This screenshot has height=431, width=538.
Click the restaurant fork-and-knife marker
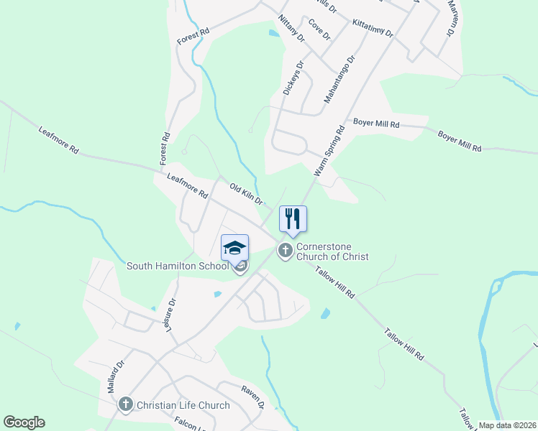click(x=293, y=218)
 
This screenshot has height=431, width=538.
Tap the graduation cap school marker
click(x=235, y=248)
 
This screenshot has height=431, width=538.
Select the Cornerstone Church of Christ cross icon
click(x=286, y=251)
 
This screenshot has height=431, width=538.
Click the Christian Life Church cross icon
click(x=126, y=405)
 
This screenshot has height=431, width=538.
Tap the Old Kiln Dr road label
click(x=246, y=194)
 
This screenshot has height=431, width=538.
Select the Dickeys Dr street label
click(x=293, y=78)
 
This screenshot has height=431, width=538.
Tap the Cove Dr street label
click(x=319, y=29)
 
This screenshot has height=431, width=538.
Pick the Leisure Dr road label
click(x=170, y=316)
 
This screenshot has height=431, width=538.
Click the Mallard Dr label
click(x=116, y=376)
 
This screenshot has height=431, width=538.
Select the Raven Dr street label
click(x=253, y=397)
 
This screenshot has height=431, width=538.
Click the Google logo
click(x=24, y=422)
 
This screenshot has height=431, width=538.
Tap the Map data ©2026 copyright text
click(x=506, y=425)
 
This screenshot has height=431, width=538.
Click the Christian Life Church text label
click(x=183, y=405)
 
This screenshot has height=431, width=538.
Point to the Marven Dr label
click(x=452, y=19)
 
